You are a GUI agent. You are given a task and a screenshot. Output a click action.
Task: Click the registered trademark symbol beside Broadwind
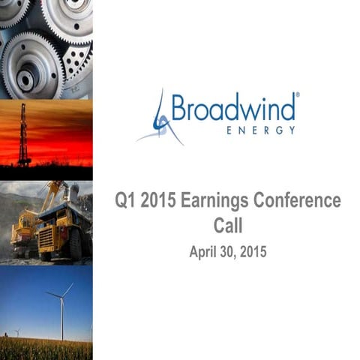(x=297, y=95)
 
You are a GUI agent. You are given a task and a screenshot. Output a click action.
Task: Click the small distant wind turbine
(x=16, y=331)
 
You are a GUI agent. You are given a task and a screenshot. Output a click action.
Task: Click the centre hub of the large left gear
(x=28, y=76)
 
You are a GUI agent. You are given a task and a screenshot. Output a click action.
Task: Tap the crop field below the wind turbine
(x=45, y=349)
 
